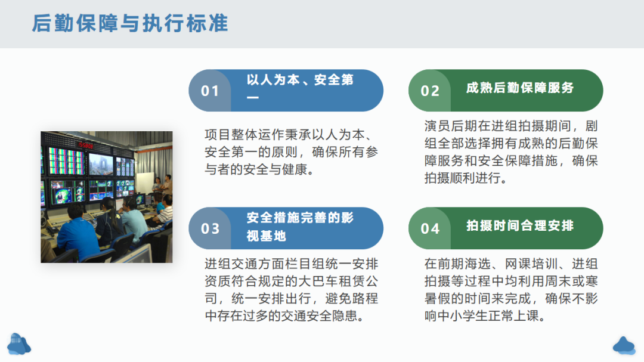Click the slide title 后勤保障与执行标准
[x=130, y=23]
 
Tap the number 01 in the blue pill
[x=210, y=91]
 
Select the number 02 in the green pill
[x=430, y=91]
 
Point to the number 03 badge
[x=210, y=228]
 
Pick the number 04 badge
[x=430, y=228]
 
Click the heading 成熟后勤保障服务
[x=519, y=88]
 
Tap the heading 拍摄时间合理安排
[x=519, y=225]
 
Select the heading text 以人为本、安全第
[x=300, y=80]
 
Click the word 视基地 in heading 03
[x=266, y=236]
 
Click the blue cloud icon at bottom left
[x=19, y=344]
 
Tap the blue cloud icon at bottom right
[x=624, y=345]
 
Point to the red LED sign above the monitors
[x=85, y=146]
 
